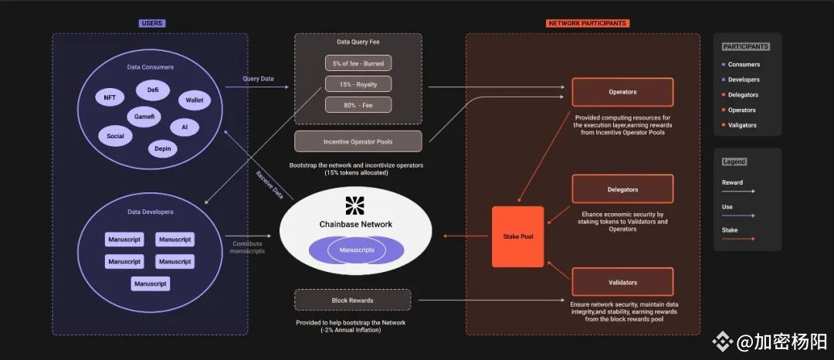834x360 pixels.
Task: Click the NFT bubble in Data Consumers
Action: coord(110,98)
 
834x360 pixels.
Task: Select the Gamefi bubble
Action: coord(144,117)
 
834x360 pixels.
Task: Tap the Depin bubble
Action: coord(163,149)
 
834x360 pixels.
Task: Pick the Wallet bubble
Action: coord(195,100)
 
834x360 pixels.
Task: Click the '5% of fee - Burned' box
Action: coord(358,63)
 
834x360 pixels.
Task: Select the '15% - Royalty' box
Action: coord(358,84)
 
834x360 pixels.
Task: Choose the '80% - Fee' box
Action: coord(358,105)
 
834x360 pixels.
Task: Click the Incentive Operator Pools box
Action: coord(358,142)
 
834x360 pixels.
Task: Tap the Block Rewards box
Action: coord(353,300)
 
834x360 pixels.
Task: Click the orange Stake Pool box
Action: coord(517,236)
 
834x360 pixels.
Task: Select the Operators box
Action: coord(622,92)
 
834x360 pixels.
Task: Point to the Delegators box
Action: coord(622,189)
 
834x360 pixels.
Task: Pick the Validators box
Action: coord(622,282)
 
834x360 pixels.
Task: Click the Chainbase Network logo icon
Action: coord(356,205)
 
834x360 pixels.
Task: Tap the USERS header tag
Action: coord(152,23)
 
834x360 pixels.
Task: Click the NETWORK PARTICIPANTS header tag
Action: coord(587,23)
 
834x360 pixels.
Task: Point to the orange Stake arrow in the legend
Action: coord(738,239)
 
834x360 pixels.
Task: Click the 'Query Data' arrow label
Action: coord(259,79)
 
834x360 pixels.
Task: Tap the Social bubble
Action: coord(115,136)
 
